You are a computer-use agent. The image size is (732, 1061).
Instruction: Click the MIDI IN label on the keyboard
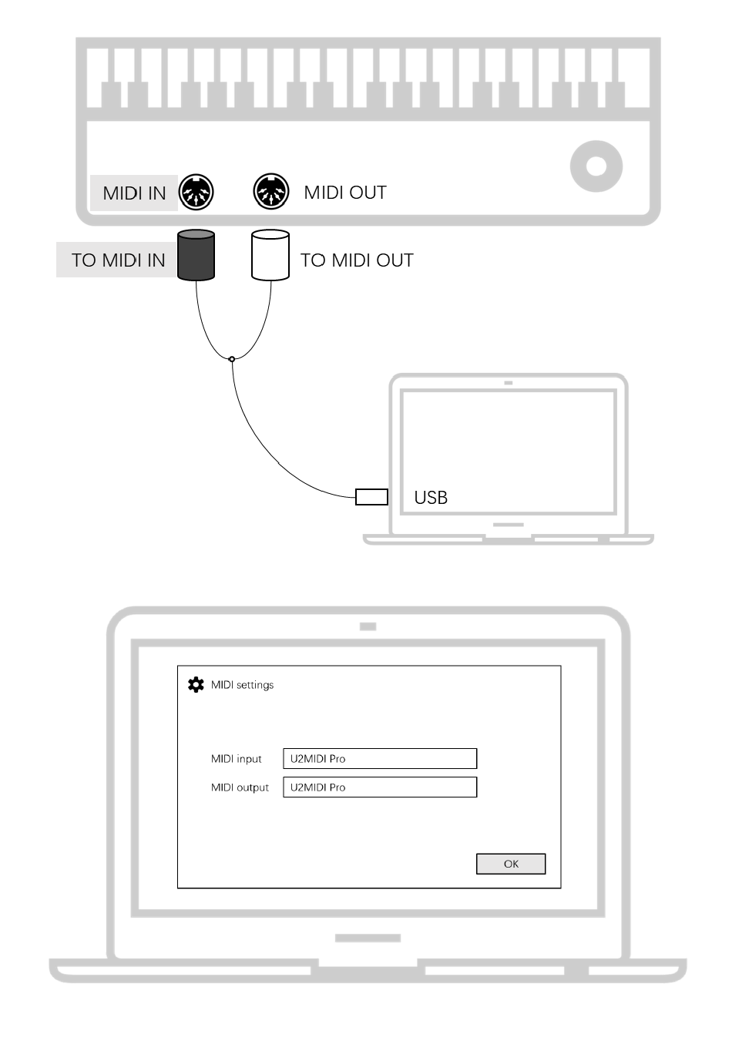point(134,193)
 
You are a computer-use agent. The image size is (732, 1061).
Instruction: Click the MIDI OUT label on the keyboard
point(344,193)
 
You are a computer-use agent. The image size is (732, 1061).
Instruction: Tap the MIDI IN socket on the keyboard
point(196,192)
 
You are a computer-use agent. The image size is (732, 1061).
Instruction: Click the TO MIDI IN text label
point(118,260)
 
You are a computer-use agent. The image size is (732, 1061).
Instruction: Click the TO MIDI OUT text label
point(357,260)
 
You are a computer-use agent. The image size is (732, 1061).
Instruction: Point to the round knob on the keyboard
point(596,166)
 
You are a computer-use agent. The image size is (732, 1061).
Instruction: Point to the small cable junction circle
point(232,359)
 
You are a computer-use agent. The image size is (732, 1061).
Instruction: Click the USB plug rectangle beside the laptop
point(371,497)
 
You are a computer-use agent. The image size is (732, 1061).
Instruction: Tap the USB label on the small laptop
point(431,498)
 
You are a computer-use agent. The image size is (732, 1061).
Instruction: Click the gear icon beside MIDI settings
point(196,684)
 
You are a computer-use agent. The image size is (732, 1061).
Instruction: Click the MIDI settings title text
point(242,685)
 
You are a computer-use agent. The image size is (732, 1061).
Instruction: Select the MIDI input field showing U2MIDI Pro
point(380,759)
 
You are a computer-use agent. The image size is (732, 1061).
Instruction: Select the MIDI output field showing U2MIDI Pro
point(380,787)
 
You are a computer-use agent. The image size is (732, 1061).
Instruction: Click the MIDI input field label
point(236,759)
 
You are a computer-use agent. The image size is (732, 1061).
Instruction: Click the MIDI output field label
point(240,787)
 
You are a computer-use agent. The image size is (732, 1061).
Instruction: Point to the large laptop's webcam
point(368,626)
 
